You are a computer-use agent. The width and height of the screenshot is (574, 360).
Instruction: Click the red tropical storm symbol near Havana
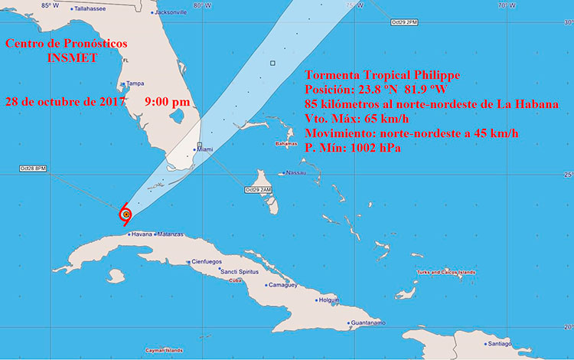point(126,215)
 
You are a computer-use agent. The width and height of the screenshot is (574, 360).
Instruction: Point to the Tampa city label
point(135,83)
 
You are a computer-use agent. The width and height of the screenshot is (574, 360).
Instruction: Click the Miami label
point(205,150)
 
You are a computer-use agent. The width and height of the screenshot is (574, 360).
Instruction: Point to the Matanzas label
point(170,234)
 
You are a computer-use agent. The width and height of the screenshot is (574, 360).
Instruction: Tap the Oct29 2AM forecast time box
point(258,189)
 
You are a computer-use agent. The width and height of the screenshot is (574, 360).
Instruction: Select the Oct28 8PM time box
point(34,168)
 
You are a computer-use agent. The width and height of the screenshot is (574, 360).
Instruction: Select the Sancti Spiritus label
point(243,272)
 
